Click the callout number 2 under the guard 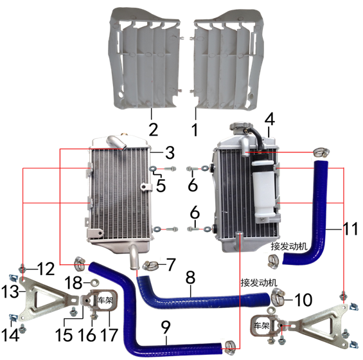[154, 129]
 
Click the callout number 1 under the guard [195, 129]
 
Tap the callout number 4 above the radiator [270, 119]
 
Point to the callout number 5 [161, 185]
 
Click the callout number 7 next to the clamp [171, 264]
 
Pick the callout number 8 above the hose [190, 277]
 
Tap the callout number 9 [166, 327]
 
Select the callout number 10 [303, 300]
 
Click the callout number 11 [351, 228]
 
